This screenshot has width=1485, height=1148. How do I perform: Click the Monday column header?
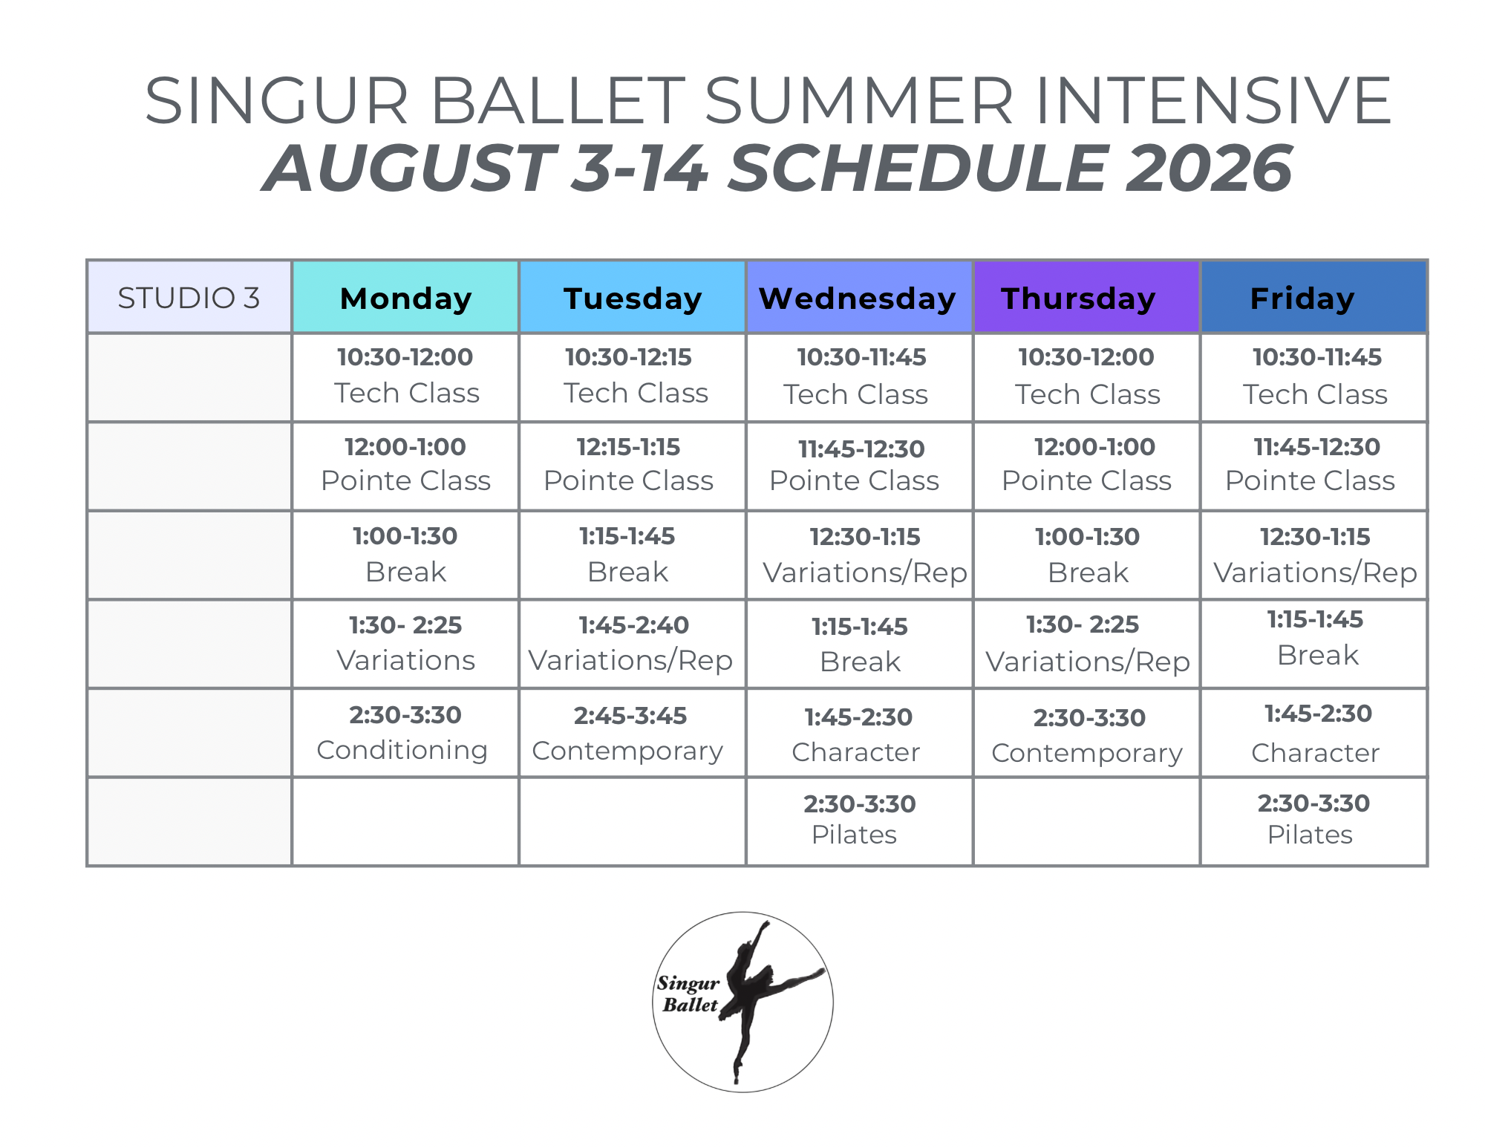click(405, 297)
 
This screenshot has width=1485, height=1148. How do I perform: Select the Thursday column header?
click(1086, 297)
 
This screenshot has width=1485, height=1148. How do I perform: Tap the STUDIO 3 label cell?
click(189, 297)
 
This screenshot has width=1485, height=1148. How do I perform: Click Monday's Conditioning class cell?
click(405, 733)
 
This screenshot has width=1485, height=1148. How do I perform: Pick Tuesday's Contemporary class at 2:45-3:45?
click(633, 733)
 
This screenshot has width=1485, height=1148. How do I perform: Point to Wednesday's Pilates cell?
click(859, 821)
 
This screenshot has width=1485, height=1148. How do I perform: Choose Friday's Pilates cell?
click(1313, 821)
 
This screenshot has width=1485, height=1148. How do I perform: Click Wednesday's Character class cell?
click(859, 733)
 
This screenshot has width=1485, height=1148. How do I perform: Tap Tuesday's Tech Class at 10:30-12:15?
click(633, 377)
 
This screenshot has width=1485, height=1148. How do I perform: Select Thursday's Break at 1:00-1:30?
click(1086, 555)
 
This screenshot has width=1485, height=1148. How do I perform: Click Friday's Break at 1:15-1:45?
click(1313, 644)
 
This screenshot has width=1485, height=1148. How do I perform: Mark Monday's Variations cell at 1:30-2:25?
click(405, 644)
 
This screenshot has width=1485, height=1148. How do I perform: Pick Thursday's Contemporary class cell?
click(1086, 733)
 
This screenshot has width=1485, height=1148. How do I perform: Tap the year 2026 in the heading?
click(1210, 168)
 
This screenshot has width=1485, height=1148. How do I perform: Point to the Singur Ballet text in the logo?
click(688, 994)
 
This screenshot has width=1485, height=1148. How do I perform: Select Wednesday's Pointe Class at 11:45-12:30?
click(859, 466)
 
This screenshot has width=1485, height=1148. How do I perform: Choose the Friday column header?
click(1313, 297)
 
